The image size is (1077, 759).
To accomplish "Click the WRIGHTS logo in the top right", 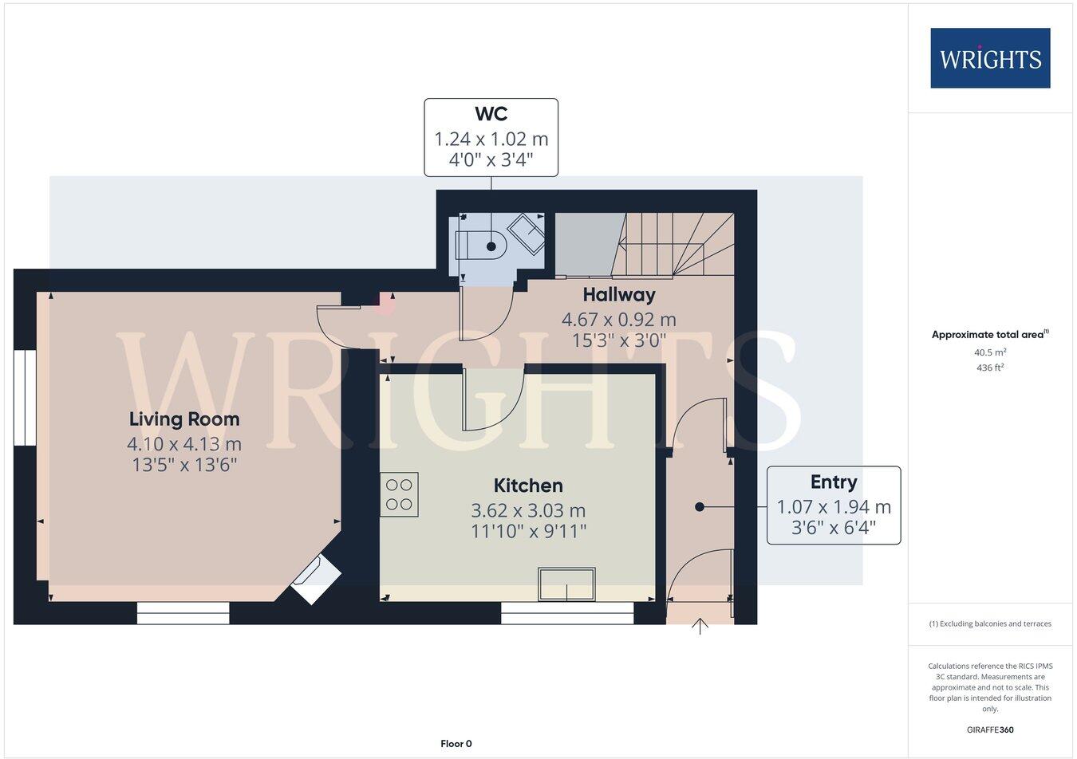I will [990, 58].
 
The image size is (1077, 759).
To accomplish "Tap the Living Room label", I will [184, 419].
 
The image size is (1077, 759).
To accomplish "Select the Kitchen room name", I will [528, 485].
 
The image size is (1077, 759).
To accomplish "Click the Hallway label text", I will [619, 294].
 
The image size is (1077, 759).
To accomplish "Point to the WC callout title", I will [491, 113].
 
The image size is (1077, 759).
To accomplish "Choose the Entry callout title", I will [834, 482].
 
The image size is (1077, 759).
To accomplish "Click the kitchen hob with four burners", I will [399, 494].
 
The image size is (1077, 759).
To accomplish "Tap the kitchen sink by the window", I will [567, 584].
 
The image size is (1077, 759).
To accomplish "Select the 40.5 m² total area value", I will [990, 352].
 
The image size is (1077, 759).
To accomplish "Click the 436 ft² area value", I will [990, 368].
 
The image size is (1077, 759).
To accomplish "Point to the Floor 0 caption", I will [456, 744].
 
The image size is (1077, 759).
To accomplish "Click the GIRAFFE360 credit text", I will [990, 729].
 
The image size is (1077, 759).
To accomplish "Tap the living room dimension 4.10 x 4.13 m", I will [184, 443].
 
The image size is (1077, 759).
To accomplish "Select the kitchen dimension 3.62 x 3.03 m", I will [528, 509].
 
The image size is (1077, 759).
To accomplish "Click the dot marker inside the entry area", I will [700, 506].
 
